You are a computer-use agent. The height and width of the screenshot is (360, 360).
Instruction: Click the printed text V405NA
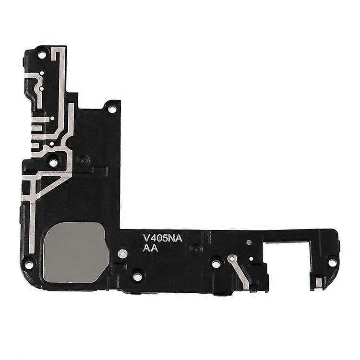tap(163, 238)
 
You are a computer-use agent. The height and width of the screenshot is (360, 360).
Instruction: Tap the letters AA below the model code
tap(150, 248)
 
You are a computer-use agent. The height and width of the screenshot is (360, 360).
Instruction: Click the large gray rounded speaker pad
tap(75, 252)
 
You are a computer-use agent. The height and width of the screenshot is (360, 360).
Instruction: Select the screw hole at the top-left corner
tap(42, 55)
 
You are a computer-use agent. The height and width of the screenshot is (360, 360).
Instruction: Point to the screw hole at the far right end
tap(332, 262)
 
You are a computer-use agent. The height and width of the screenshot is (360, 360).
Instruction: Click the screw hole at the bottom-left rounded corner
tap(29, 264)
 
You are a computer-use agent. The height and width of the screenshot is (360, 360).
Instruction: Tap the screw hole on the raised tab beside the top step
tap(111, 109)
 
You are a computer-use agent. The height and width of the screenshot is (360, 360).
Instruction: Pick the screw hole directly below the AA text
tap(137, 276)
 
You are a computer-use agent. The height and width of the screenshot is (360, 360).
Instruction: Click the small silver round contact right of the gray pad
tap(122, 254)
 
